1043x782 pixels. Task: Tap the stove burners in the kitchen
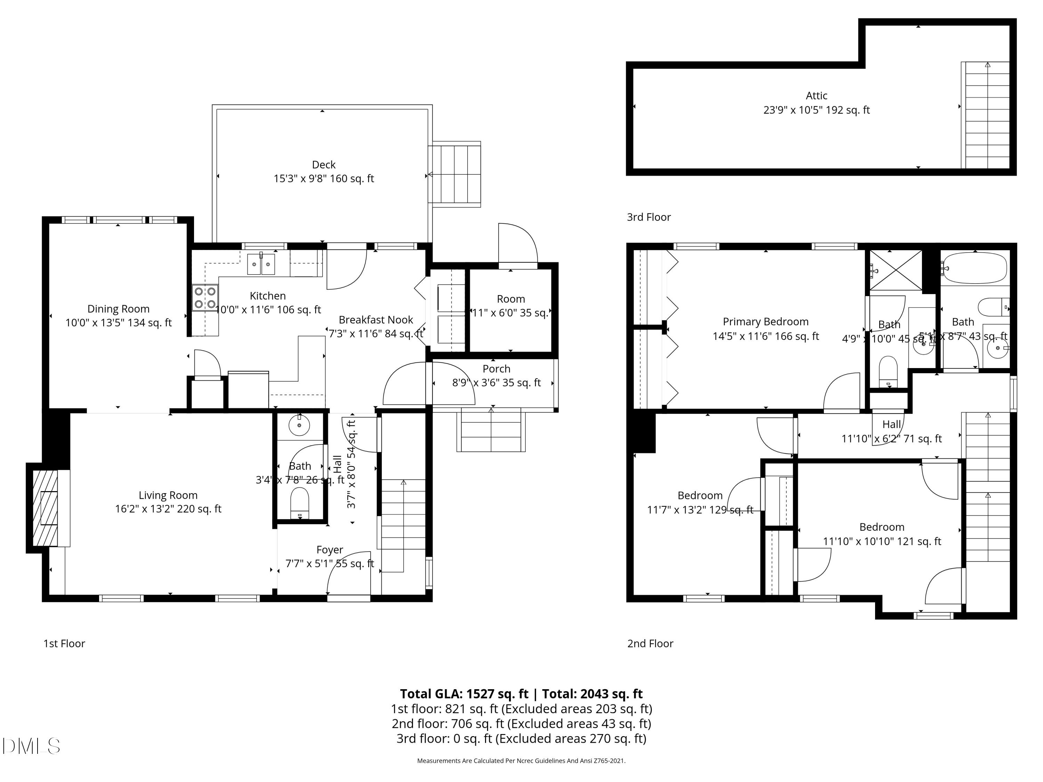pyautogui.click(x=205, y=298)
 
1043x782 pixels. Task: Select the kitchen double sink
pyautogui.click(x=261, y=263)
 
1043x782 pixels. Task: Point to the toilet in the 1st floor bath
pyautogui.click(x=299, y=503)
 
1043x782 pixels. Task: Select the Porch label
pyautogui.click(x=496, y=369)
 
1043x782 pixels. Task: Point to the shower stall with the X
pyautogui.click(x=895, y=270)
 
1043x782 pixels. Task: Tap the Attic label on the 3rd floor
pyautogui.click(x=816, y=96)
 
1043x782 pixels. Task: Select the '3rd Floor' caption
pyautogui.click(x=648, y=217)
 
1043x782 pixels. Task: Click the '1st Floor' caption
pyautogui.click(x=64, y=643)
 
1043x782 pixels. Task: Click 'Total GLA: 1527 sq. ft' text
pyautogui.click(x=464, y=694)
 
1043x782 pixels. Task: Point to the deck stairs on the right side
pyautogui.click(x=454, y=174)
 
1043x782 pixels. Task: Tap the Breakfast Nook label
pyautogui.click(x=376, y=320)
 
